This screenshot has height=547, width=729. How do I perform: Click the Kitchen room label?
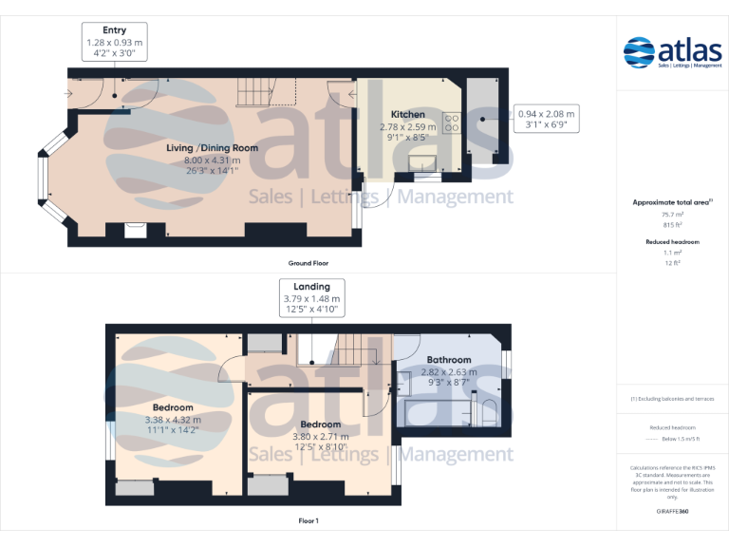click(408, 115)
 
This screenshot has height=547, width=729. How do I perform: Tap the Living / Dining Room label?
click(213, 148)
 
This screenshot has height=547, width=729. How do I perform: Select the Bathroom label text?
click(448, 360)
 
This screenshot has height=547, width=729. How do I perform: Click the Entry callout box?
click(114, 43)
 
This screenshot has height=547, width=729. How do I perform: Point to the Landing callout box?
click(311, 298)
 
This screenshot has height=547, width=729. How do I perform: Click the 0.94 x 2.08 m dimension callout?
click(545, 119)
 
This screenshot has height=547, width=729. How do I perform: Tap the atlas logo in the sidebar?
click(673, 52)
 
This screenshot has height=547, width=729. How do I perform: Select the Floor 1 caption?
click(308, 521)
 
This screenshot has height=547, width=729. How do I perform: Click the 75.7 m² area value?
click(672, 216)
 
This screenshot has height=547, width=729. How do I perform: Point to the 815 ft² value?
click(672, 225)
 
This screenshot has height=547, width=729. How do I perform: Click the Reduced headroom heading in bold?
click(672, 242)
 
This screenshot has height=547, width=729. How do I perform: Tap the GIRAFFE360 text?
click(672, 512)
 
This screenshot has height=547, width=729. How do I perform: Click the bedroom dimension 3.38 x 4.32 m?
click(172, 419)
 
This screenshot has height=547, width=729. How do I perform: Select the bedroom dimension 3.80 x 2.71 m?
click(320, 436)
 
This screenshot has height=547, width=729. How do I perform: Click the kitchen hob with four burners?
click(450, 121)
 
